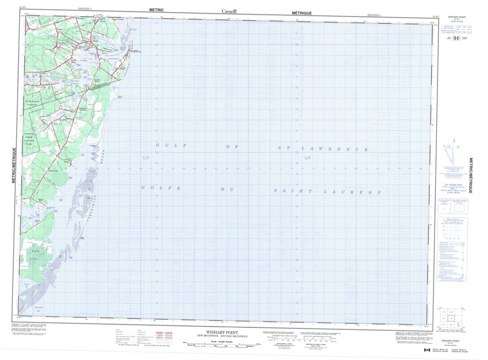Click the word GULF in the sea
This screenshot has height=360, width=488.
point(170,145)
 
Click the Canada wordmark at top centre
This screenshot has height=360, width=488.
point(229,11)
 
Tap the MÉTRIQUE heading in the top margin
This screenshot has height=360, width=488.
point(302,13)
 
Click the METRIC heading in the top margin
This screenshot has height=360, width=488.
point(156,9)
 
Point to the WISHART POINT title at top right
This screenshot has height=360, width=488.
point(457,17)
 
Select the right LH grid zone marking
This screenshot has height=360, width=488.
point(307,157)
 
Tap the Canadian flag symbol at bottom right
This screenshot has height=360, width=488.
point(427,350)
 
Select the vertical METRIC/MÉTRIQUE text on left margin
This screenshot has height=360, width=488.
point(14,166)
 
